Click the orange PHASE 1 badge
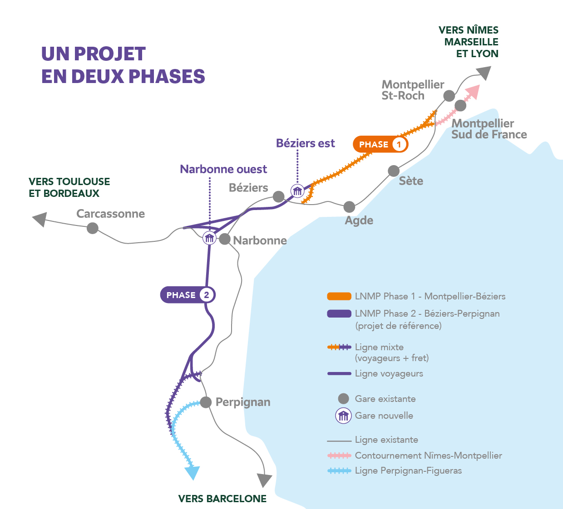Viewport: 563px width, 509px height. [380, 144]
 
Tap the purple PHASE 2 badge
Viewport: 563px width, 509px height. [188, 295]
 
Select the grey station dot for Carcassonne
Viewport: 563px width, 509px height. [93, 228]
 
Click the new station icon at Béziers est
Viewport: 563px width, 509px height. [297, 191]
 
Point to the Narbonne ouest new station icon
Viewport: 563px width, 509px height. [209, 238]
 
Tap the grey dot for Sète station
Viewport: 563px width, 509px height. [394, 171]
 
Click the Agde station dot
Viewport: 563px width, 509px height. [349, 207]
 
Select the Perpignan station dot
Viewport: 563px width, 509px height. [206, 402]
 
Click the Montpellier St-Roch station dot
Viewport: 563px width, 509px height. [449, 96]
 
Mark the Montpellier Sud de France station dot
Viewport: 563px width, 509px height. [460, 106]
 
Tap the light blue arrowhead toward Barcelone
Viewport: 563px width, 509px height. [193, 473]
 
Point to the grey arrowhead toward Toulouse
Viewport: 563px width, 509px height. [40, 219]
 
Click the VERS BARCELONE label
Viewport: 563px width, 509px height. [222, 499]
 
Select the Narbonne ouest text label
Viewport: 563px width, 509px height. [223, 169]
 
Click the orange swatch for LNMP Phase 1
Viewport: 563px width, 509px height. [339, 296]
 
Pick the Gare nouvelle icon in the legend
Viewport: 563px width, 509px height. [344, 416]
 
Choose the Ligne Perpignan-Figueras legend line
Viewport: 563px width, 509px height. [339, 471]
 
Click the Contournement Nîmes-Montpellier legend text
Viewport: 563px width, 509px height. [428, 455]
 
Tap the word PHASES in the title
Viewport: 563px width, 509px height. [168, 76]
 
